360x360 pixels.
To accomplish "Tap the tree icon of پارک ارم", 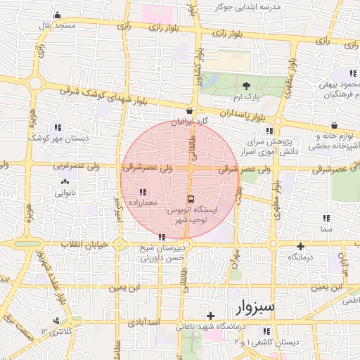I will [245, 86].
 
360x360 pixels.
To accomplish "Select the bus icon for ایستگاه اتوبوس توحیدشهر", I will [190, 199].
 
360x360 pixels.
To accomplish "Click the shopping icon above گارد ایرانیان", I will [189, 111].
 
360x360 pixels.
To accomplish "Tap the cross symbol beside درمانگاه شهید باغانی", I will [210, 316].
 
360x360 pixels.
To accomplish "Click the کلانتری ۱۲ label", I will [56, 330].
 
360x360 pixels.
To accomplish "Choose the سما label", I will [326, 229].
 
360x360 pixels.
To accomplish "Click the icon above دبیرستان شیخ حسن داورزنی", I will [162, 237].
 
